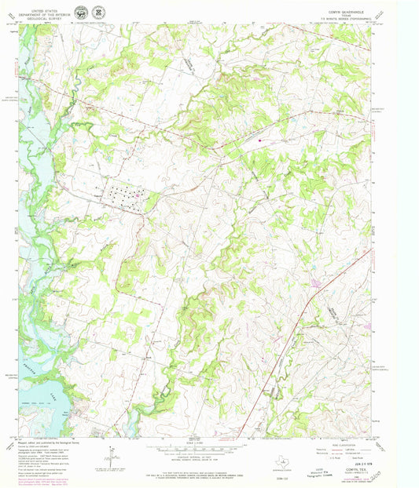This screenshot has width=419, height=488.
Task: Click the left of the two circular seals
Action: [x=81, y=13]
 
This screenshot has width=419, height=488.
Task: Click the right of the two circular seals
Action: [x=97, y=12]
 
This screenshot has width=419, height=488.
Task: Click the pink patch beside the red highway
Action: [x=317, y=282]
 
